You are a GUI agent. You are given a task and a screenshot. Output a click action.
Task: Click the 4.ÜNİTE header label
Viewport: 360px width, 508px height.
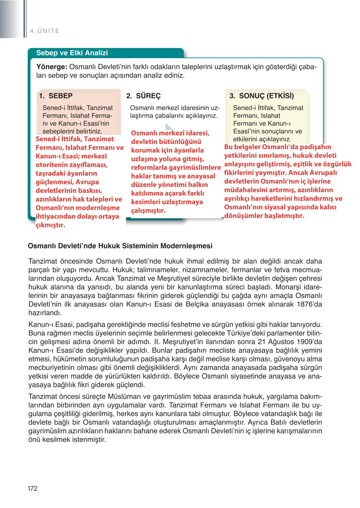[x=45, y=31]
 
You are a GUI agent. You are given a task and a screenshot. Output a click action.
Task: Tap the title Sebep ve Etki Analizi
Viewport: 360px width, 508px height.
[x=72, y=53]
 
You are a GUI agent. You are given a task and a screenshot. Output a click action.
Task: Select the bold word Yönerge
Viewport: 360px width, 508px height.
[x=51, y=67]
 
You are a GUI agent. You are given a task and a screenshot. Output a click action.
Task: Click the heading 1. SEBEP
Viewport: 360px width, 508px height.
[x=56, y=96]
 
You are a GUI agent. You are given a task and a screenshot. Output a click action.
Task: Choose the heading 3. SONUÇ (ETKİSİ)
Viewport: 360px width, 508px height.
[x=262, y=96]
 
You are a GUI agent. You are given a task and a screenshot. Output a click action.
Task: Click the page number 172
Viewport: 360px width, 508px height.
[x=33, y=488]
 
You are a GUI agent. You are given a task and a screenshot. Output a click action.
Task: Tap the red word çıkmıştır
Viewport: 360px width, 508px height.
[x=50, y=225]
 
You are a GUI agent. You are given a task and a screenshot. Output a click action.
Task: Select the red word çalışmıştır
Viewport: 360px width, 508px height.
[x=148, y=210]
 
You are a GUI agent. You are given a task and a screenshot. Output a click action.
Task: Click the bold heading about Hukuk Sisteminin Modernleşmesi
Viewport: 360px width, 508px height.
[x=120, y=246]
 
